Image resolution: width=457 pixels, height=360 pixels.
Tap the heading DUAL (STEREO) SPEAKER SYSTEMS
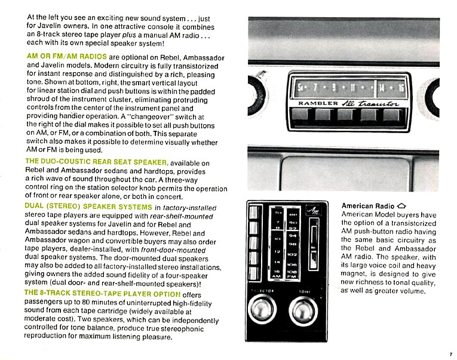coord(88,207)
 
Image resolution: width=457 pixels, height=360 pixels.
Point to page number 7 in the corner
coord(450,354)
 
